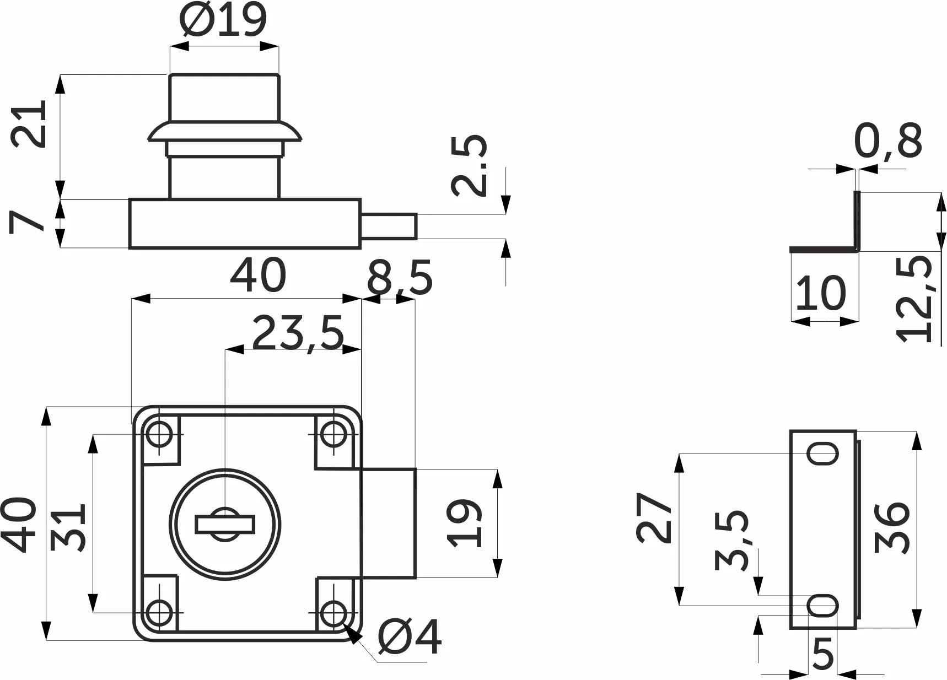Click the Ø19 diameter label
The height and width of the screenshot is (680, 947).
[224, 20]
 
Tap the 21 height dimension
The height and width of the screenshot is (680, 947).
[29, 123]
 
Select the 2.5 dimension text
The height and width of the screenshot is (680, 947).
[469, 165]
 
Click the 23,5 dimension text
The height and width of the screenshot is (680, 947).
[298, 333]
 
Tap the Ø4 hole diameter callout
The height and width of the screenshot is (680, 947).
[410, 637]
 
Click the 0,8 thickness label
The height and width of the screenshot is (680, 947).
[888, 141]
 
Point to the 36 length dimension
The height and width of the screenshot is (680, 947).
[892, 527]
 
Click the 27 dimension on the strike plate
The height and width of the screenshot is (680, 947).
[655, 518]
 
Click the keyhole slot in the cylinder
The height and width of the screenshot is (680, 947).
[225, 525]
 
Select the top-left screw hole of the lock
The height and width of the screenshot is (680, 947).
[159, 434]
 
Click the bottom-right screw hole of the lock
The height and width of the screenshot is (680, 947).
[333, 613]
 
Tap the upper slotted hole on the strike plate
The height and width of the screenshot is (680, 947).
[823, 454]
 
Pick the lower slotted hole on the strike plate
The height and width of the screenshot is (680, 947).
[823, 606]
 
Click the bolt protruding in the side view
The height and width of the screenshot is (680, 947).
[389, 226]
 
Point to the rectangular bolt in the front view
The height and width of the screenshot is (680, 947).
[388, 522]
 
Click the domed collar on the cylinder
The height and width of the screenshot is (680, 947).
[224, 132]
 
